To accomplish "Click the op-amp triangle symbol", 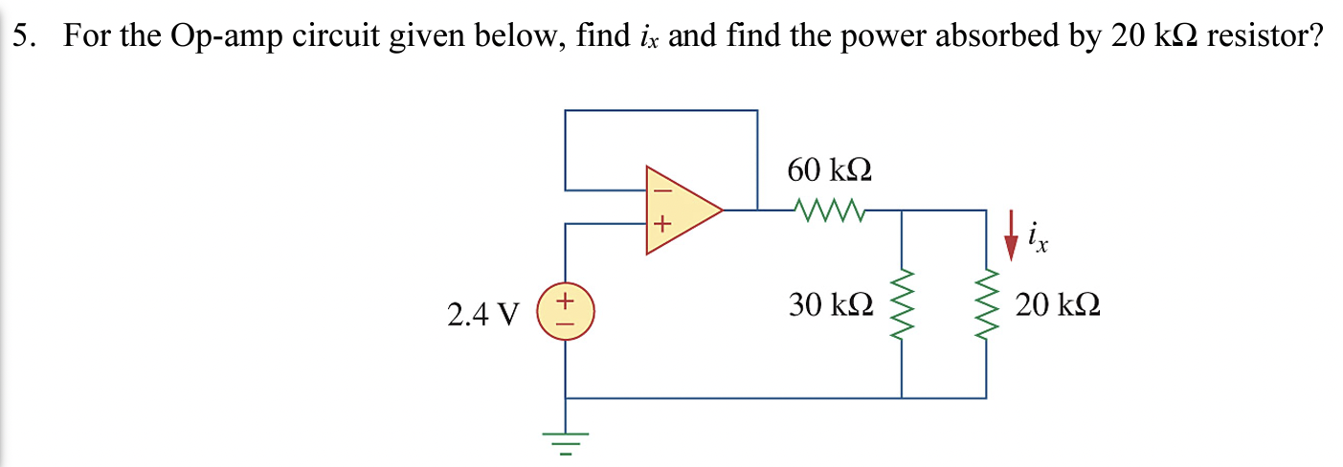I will click(x=682, y=210).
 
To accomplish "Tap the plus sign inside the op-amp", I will click(x=659, y=227).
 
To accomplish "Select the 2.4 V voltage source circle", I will click(x=565, y=313).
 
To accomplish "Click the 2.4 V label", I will click(x=482, y=314).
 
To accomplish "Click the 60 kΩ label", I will click(x=829, y=171).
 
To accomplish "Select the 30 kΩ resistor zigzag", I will click(x=902, y=306).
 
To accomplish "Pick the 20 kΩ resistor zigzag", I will click(x=986, y=306).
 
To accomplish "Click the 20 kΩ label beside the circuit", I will click(x=1058, y=306).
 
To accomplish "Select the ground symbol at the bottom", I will click(x=565, y=440).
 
